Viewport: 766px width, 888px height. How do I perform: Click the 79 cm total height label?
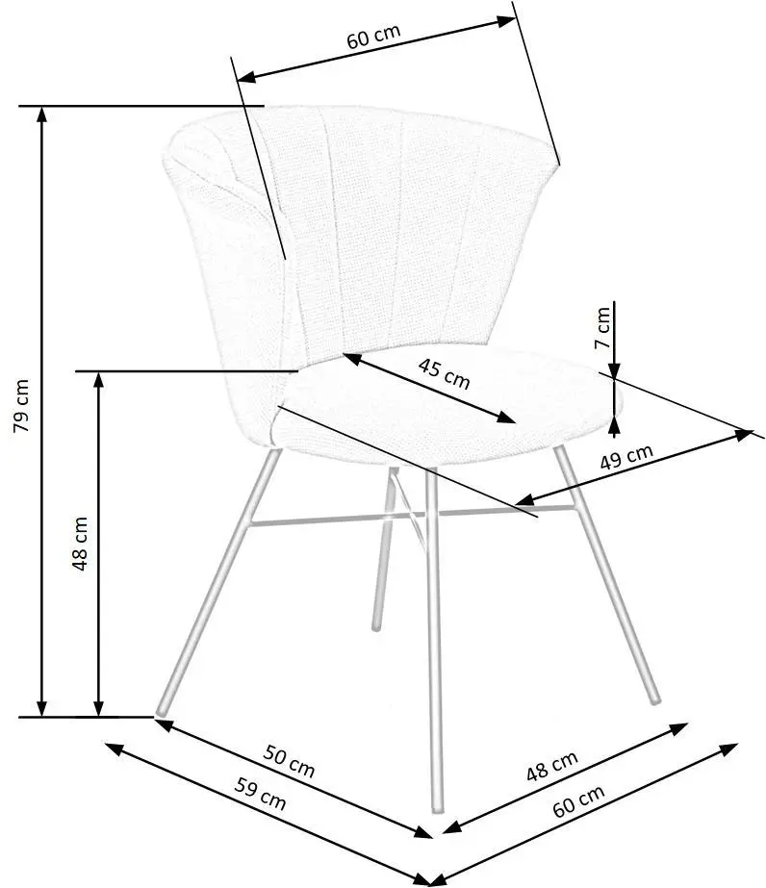pyautogui.click(x=21, y=405)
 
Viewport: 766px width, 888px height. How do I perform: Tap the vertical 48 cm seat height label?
pyautogui.click(x=80, y=544)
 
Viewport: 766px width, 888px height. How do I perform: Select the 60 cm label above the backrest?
pyautogui.click(x=373, y=37)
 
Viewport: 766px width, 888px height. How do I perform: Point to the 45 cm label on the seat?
pyautogui.click(x=445, y=374)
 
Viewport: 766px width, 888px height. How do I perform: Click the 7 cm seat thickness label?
pyautogui.click(x=602, y=327)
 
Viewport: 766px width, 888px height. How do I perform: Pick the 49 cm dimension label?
pyautogui.click(x=626, y=457)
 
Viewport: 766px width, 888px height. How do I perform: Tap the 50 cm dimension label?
pyautogui.click(x=289, y=762)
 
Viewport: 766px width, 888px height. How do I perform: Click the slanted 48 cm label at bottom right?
pyautogui.click(x=552, y=766)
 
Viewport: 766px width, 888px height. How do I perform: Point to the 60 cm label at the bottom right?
pyautogui.click(x=578, y=800)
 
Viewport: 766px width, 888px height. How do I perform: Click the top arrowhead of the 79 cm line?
pyautogui.click(x=41, y=114)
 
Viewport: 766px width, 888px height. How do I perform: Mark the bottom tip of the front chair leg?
pyautogui.click(x=437, y=810)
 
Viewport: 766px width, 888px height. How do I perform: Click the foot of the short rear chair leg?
pyautogui.click(x=375, y=627)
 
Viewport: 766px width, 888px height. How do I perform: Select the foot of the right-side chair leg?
pyautogui.click(x=655, y=700)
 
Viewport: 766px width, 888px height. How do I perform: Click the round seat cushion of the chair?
pyautogui.click(x=447, y=405)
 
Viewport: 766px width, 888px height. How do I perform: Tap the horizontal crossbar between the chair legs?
pyautogui.click(x=414, y=516)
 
